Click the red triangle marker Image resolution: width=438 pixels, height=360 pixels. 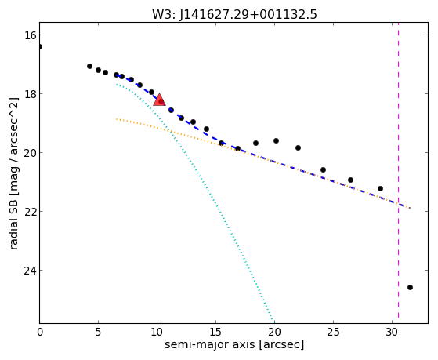160,100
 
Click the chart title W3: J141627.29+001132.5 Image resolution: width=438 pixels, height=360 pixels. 234,14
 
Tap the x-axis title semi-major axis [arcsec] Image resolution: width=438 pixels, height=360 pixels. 234,344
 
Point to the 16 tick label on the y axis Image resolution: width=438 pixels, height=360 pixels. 30,35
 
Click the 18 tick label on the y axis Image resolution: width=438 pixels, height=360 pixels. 30,93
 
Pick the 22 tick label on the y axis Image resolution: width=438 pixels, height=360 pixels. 30,212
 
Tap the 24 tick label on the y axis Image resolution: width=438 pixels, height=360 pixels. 30,271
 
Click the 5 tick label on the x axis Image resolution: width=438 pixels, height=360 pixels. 98,333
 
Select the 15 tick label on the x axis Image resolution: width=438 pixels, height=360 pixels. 215,333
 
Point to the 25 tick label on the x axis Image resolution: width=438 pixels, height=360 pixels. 333,333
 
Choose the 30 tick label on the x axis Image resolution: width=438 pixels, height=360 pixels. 392,333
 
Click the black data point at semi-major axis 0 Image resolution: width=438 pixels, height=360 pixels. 40,46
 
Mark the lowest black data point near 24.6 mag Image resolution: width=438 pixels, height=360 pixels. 410,287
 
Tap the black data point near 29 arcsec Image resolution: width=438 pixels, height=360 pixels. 380,188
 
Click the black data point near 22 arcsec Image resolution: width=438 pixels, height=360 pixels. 298,147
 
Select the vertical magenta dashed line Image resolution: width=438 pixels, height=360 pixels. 398,170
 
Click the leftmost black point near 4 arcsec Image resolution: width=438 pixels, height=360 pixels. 89,67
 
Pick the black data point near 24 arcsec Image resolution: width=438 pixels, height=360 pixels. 323,169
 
